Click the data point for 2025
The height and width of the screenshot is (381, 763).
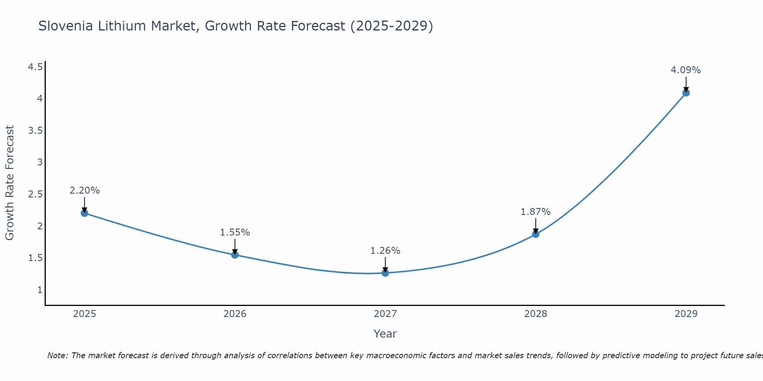tap(85, 213)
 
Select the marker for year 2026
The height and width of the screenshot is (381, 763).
tap(235, 255)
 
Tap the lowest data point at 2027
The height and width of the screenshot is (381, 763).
tap(385, 273)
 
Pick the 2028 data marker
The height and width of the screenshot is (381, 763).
tap(536, 234)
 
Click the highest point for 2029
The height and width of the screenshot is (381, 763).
tap(686, 93)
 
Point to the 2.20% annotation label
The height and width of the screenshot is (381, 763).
tap(85, 190)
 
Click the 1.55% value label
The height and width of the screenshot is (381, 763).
tap(235, 232)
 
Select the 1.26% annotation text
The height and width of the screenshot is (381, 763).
tap(385, 251)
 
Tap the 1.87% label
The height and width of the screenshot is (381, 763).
tap(536, 212)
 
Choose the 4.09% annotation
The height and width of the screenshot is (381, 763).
tap(686, 70)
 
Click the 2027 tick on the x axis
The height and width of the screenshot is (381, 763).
tap(385, 314)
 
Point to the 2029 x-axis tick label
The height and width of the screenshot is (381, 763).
tap(686, 314)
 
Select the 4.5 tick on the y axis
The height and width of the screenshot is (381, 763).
tap(35, 67)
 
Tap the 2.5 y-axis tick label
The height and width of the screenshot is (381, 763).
tap(35, 194)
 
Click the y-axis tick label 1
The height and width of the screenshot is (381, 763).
tap(40, 290)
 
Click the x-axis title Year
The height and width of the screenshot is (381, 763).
tap(385, 334)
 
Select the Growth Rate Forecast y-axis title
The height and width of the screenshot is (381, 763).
tap(10, 183)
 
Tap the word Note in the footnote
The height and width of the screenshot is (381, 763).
tap(57, 355)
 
